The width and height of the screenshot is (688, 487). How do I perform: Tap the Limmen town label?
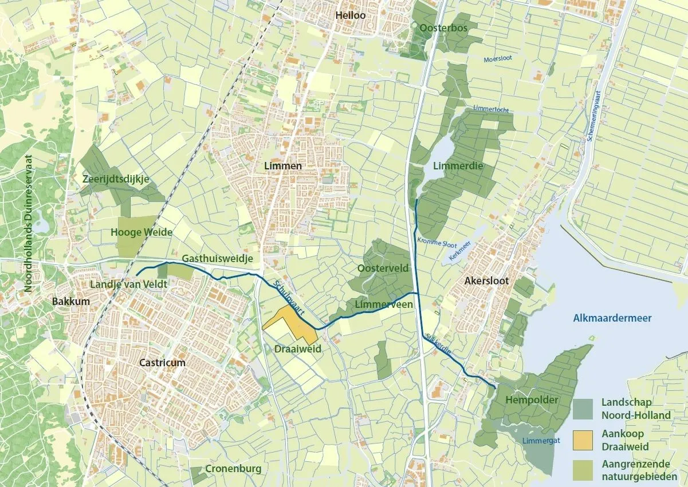[x=282, y=166]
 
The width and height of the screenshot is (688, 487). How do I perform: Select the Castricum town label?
[x=162, y=363]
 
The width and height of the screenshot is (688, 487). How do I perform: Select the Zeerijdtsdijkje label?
[x=115, y=179]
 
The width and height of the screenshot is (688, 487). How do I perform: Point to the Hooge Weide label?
[x=137, y=233]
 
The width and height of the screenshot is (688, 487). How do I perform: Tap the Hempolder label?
[x=531, y=400]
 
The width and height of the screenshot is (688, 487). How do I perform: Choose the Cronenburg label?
[x=233, y=469]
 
